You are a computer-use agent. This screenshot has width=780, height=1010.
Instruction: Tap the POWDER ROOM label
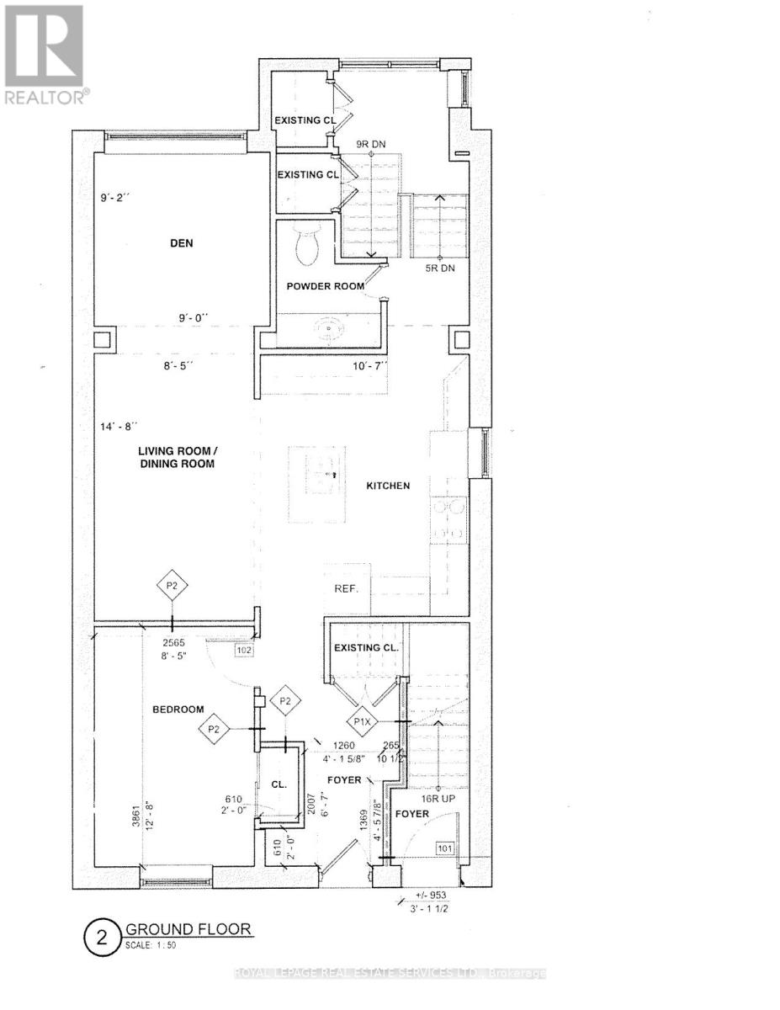[326, 286]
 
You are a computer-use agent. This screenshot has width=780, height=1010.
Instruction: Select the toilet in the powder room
[306, 244]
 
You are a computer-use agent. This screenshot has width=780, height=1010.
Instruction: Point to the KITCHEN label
[388, 486]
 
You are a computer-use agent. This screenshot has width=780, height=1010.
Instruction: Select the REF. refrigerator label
[347, 588]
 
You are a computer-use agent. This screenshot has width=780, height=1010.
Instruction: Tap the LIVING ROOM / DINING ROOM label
[177, 457]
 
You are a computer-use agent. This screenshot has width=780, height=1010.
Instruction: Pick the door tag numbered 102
[243, 649]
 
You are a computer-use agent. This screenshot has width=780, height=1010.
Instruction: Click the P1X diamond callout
[363, 722]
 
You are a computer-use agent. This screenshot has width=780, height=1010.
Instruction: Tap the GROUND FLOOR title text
[188, 929]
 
